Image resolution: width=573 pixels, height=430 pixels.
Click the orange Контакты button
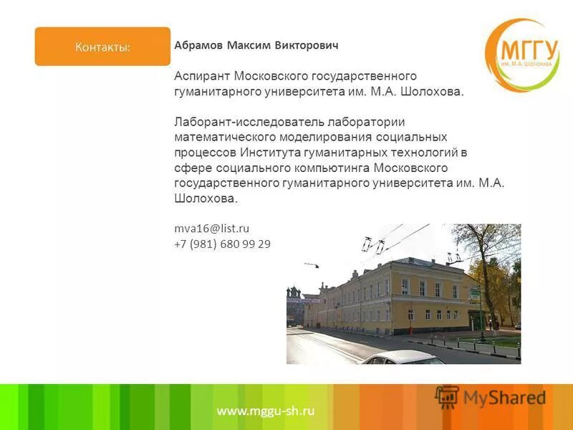pyautogui.click(x=102, y=47)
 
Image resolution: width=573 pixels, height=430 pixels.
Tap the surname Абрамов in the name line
pyautogui.click(x=198, y=46)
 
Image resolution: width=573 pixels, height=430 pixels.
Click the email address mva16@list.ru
pyautogui.click(x=212, y=229)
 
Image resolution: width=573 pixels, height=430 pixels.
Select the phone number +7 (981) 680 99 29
pyautogui.click(x=223, y=244)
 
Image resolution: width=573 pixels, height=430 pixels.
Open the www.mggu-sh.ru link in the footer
pyautogui.click(x=265, y=411)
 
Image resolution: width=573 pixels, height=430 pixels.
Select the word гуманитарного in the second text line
pyautogui.click(x=208, y=92)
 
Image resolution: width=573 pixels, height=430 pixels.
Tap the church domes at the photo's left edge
pyautogui.click(x=294, y=295)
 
